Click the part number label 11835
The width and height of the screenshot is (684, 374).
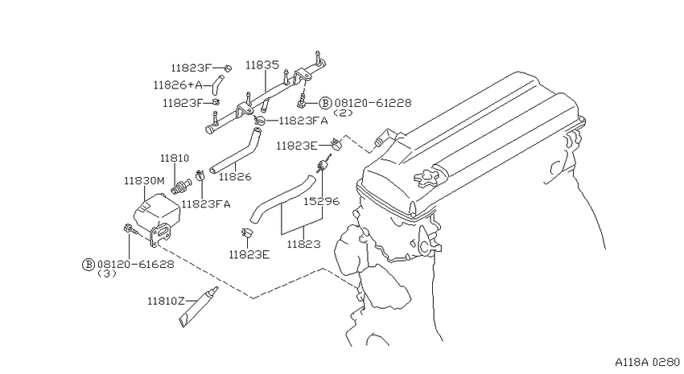(x=262, y=65)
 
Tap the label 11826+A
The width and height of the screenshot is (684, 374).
(x=178, y=84)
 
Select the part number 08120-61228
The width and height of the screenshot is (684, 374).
(x=373, y=103)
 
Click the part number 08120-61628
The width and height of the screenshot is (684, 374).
(x=136, y=264)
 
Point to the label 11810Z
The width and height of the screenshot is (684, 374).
(x=167, y=301)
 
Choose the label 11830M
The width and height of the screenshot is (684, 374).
(x=144, y=180)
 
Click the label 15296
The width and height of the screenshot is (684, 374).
(x=322, y=201)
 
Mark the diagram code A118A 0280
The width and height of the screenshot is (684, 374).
(x=647, y=362)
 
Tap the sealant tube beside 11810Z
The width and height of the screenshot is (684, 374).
(x=199, y=306)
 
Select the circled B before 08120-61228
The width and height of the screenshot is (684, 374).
(x=325, y=103)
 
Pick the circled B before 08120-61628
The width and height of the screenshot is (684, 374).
(x=89, y=264)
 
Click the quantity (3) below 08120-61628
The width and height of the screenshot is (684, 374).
(x=106, y=274)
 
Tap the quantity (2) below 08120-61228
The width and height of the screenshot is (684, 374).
(x=343, y=113)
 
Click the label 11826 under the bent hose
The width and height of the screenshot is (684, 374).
(x=235, y=176)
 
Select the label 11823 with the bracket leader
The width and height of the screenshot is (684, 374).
(x=303, y=244)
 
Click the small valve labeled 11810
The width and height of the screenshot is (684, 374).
(x=183, y=186)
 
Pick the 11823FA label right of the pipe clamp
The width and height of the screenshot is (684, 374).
(x=303, y=121)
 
